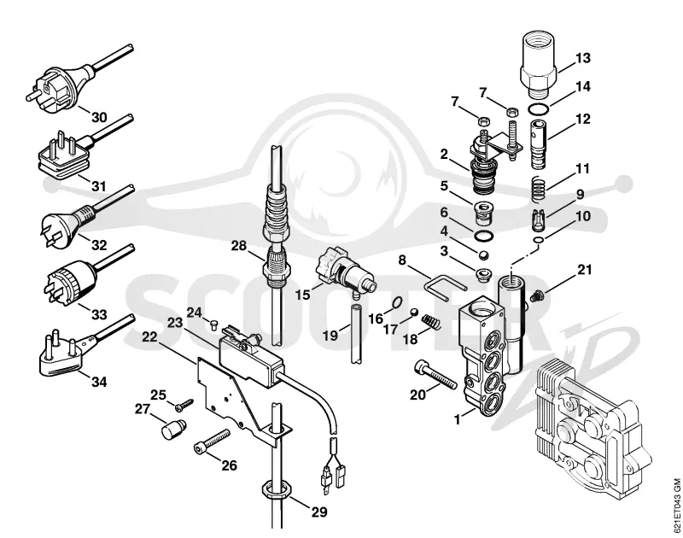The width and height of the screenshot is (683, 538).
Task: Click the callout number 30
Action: click(99, 117)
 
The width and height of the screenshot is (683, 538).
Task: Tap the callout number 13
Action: click(583, 58)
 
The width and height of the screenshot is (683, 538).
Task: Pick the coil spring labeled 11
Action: click(540, 189)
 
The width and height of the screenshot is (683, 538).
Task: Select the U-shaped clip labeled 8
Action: click(442, 288)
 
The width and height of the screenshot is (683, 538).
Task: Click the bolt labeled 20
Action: click(435, 374)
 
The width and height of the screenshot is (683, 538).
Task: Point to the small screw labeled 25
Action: click(184, 405)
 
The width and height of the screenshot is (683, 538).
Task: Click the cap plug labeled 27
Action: click(174, 429)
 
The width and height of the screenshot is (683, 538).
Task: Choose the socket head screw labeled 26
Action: click(211, 442)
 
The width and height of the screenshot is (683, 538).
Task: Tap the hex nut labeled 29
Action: click(276, 489)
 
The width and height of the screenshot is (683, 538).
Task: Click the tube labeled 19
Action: click(355, 335)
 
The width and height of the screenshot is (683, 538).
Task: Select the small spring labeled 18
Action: click(431, 322)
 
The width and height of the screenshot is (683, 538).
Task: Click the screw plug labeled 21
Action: click(537, 295)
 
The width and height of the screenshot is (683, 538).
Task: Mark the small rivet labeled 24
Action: click(213, 324)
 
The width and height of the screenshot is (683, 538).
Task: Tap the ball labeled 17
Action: click(415, 312)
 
